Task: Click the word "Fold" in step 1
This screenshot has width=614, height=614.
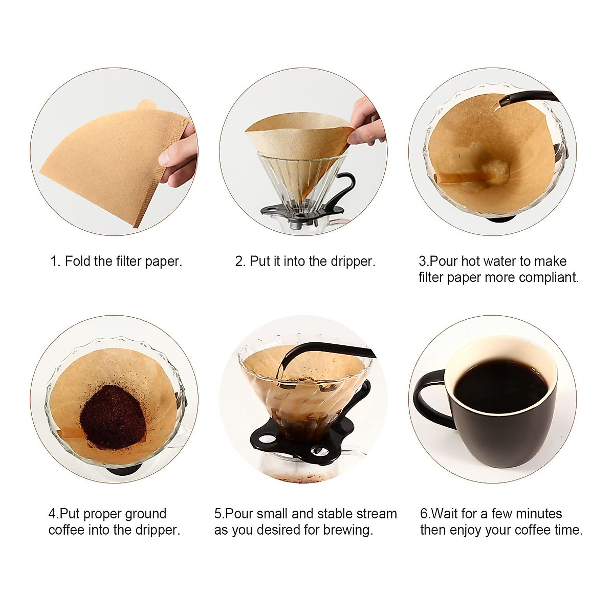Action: coord(78,261)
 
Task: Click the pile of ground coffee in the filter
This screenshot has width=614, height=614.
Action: coord(114,416)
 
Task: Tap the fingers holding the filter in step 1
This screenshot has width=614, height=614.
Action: coord(179,153)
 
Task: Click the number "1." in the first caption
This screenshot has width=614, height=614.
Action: coord(55,261)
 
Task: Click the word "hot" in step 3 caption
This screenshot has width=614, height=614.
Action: coord(471,261)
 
